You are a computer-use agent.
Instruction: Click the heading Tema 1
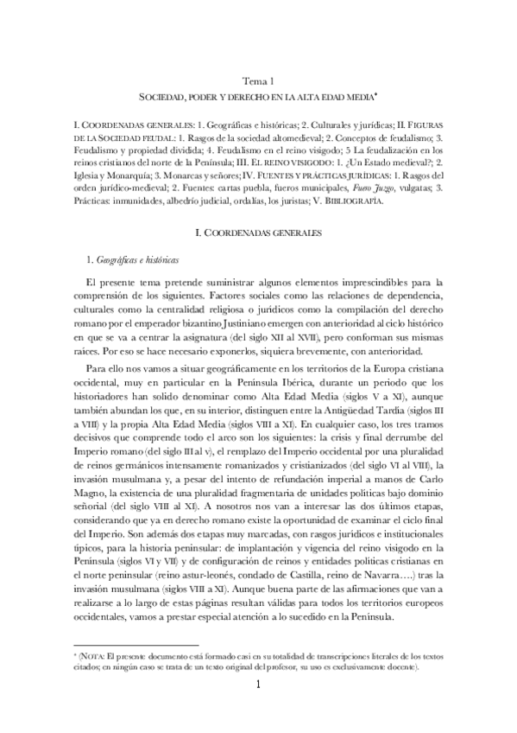[258, 80]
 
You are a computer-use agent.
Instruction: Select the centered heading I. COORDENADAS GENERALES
[258, 233]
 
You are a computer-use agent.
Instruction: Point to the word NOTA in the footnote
[101, 656]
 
